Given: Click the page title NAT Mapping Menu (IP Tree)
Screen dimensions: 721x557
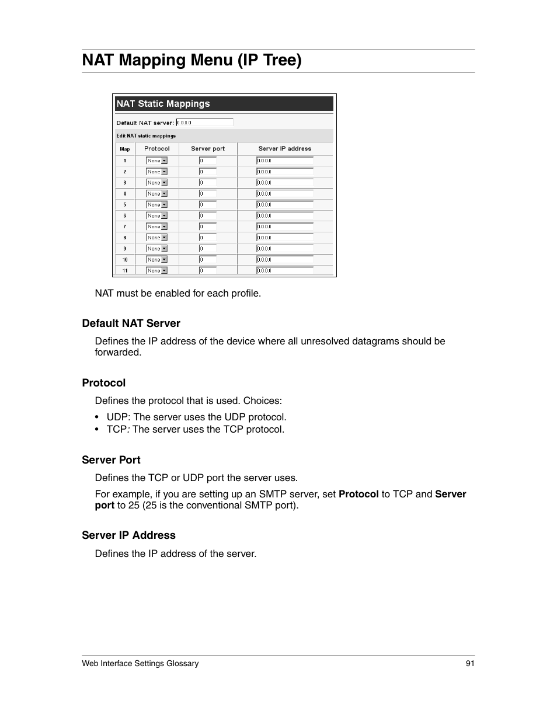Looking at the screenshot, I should point(192,60).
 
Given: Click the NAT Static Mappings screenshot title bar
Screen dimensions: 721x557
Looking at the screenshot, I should point(224,104).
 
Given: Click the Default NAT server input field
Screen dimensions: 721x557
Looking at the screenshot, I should point(204,123).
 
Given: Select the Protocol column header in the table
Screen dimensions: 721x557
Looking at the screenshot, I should point(156,149).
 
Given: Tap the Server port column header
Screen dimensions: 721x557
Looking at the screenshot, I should point(208,149).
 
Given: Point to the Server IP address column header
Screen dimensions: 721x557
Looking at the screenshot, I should point(285,149).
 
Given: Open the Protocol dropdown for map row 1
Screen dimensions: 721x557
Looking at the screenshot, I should point(156,161).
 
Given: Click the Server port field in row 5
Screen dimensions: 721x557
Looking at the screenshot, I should point(208,205).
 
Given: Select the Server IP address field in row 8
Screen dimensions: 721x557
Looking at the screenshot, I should point(285,238).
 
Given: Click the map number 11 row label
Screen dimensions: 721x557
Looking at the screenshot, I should point(125,271).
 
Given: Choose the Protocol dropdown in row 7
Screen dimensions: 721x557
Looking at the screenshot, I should point(156,227).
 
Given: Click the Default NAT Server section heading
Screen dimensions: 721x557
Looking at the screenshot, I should point(131,323).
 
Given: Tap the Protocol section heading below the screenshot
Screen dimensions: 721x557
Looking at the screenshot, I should point(103,383).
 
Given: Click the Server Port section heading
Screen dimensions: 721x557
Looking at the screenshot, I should point(111,460).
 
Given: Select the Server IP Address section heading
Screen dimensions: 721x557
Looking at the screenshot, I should point(128,535).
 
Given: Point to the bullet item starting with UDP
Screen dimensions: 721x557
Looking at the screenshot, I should point(196,417).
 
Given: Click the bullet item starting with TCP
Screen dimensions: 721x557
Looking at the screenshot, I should point(195,429).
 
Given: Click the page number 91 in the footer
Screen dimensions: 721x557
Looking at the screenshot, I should point(470,663).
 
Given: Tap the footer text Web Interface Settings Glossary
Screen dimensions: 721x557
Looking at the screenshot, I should point(140,663).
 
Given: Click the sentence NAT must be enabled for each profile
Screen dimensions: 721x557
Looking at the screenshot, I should point(177,293).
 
